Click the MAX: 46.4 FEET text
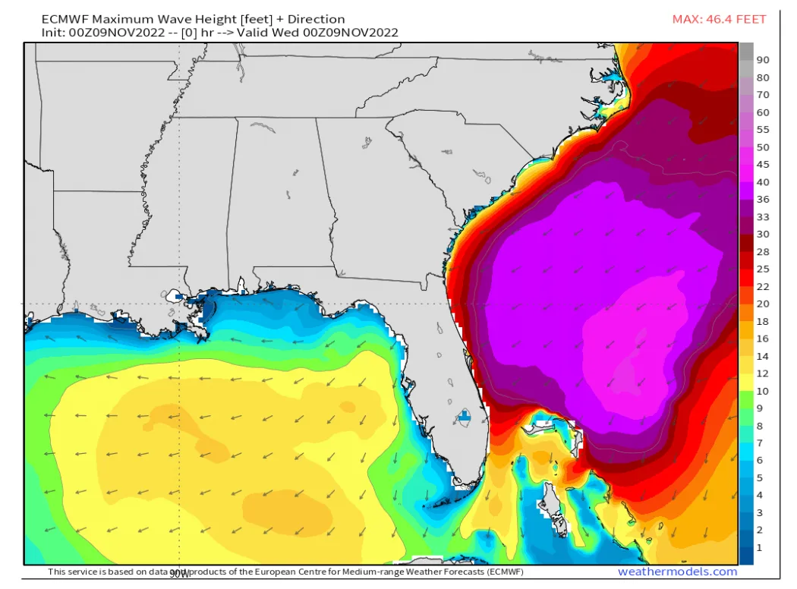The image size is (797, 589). coord(719,19)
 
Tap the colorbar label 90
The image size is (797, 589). coord(763,59)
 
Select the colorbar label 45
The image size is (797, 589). coord(763,165)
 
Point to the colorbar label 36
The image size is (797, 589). coord(763,199)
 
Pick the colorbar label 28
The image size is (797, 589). coord(763,251)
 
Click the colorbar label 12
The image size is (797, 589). coord(763,373)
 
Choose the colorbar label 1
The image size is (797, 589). coord(760,547)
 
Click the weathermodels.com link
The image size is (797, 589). coord(677,572)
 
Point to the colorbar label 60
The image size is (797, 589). coord(763,112)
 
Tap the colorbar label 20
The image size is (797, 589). coord(763,304)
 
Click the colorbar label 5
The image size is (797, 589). coord(760,477)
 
